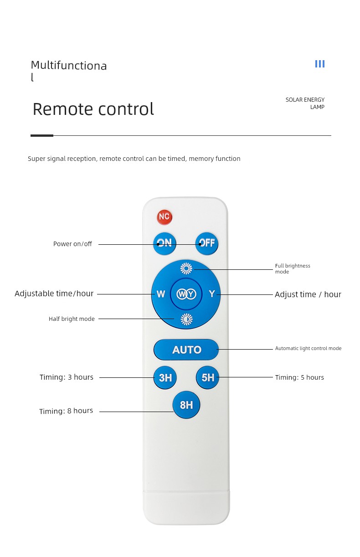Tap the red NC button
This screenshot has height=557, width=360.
point(165,217)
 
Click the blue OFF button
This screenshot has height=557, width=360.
point(206,243)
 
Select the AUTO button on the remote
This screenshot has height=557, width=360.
point(186,349)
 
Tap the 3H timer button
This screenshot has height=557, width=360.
point(165,377)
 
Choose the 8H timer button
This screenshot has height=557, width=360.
point(186,405)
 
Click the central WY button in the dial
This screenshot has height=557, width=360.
point(186,294)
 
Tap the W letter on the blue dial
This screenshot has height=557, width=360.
point(161,294)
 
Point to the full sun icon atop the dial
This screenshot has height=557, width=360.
point(186,268)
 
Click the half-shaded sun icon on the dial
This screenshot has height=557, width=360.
point(186,319)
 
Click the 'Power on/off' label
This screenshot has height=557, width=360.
point(72,244)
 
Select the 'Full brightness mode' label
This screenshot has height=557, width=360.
point(293,268)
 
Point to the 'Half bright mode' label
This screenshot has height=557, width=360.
point(72,319)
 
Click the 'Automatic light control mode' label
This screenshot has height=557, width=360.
point(309,348)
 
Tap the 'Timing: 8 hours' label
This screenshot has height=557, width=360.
point(66,411)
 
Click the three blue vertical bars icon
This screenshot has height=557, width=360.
point(320,64)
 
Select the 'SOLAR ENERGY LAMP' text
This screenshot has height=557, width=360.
point(305,103)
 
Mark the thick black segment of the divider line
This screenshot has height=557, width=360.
point(42,135)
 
